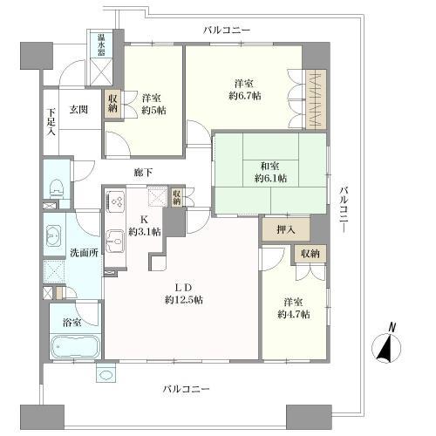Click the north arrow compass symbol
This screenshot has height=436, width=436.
[x=385, y=346]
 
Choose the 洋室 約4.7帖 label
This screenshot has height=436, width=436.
[x=293, y=307]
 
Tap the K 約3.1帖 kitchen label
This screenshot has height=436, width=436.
[x=145, y=225]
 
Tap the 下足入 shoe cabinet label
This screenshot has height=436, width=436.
[x=51, y=122]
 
